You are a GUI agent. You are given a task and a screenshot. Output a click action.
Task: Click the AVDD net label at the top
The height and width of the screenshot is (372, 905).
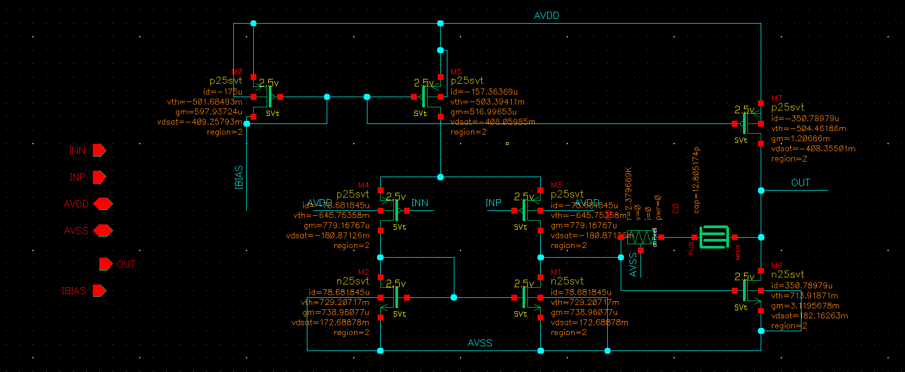pos(546,16)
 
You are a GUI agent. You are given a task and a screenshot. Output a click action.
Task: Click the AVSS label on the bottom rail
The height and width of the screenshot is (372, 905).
pos(480,343)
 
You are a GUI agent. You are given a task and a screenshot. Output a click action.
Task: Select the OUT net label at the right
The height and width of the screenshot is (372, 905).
pos(800,183)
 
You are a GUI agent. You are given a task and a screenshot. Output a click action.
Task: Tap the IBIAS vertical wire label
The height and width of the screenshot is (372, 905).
pos(239,177)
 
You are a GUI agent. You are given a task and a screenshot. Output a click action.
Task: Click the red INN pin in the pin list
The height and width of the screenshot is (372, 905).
pos(99,150)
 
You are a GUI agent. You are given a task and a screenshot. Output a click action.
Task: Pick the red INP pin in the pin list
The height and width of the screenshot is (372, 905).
pos(99,177)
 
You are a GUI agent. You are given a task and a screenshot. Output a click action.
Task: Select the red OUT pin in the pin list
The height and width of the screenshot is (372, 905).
pos(106,264)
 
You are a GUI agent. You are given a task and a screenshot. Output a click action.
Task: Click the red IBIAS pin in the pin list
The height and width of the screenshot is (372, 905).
pos(99,291)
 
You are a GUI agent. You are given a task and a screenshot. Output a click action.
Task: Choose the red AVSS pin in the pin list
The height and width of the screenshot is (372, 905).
pos(102,231)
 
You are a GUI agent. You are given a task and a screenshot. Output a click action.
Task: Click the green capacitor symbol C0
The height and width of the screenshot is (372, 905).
pos(714,237)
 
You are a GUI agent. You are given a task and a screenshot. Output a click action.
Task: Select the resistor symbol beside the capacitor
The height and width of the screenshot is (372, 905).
pos(641,237)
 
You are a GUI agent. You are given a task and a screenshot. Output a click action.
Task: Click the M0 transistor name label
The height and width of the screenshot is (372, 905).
pos(237,72)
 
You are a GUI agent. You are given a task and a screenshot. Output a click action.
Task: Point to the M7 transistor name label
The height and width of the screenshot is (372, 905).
pos(776,98)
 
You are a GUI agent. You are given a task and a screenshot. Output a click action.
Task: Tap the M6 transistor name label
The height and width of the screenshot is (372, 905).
pos(776,266)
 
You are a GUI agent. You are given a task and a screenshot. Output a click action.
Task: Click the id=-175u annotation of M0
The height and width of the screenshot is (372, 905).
pos(222,92)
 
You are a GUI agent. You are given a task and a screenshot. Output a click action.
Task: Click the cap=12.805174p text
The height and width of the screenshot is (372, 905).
pos(696,180)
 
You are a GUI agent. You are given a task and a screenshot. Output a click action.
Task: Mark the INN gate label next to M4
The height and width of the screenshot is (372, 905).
pos(420,202)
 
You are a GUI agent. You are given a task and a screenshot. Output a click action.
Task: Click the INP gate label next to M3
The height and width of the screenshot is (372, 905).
pos(494,202)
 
